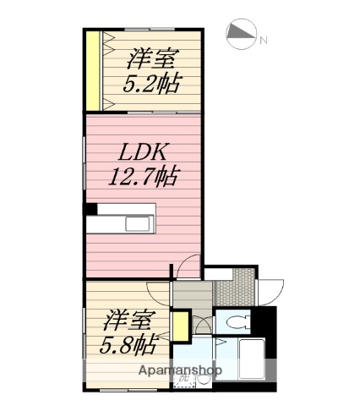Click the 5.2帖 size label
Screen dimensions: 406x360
(152, 84)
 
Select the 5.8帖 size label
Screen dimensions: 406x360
(129, 344)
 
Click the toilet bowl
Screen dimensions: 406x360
(236, 322)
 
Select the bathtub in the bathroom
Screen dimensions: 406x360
(251, 360)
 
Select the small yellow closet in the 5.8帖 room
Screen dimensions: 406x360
(179, 325)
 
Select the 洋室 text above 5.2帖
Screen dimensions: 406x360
(152, 59)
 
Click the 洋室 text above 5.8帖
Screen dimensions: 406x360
(129, 321)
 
